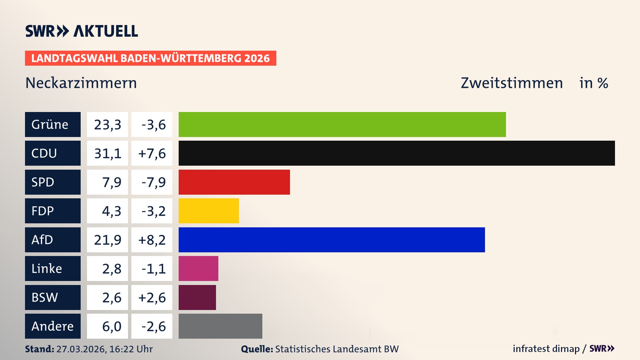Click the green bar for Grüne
pos(342,124)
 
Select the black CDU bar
pos(397,153)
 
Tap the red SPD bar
pos(234,182)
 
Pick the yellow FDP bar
pos(209,211)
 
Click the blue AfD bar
pos(332,240)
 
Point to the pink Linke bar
pos(198,268)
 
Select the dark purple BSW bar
pos(197,297)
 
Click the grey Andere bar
pos(220,326)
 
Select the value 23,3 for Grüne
pos(107,124)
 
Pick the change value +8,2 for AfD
pos(152,240)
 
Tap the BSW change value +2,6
pos(152,297)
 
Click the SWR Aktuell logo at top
pos(82,31)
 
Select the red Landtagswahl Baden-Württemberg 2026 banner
pos(150,58)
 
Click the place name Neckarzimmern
pos(81,83)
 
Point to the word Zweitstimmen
pos(512,83)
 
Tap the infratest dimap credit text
pos(546,349)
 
